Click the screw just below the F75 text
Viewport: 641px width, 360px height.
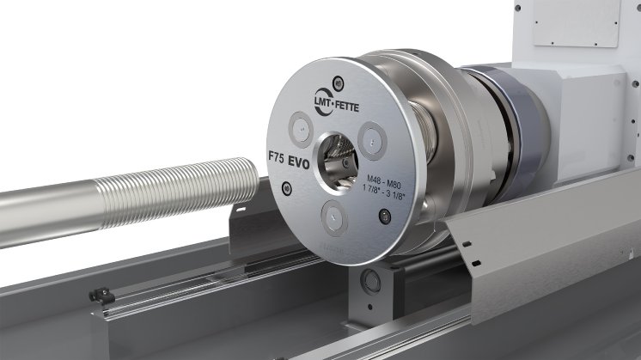(x=285, y=187)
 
